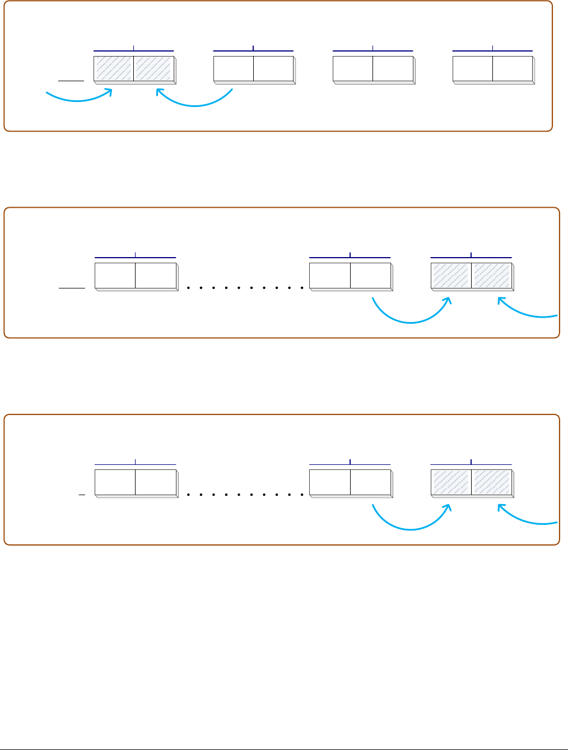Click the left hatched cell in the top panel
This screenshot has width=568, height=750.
(114, 68)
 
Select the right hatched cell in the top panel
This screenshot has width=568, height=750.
(153, 68)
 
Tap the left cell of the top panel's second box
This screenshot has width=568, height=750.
(234, 68)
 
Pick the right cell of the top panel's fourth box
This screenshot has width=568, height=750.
(512, 68)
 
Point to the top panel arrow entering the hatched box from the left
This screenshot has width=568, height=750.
(78, 100)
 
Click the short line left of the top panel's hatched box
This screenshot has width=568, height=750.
(71, 80)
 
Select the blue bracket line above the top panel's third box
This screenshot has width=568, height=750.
(373, 51)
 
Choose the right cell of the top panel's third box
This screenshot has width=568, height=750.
(393, 68)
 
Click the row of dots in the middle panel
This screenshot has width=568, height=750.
(244, 288)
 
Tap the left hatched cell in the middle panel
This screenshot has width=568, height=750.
(451, 275)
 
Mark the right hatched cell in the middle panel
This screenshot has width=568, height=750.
(491, 275)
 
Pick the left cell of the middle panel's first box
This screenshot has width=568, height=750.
(115, 275)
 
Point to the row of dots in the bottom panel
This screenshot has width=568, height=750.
(244, 495)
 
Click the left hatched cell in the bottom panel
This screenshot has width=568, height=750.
(451, 482)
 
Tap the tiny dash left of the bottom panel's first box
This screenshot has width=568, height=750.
(82, 495)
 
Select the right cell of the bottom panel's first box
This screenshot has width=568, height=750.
(155, 482)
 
